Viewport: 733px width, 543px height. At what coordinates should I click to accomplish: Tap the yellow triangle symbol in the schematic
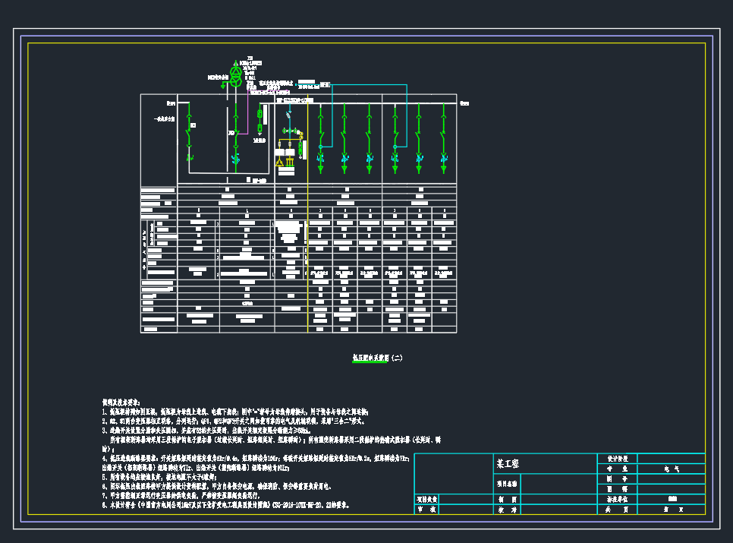[x=280, y=161]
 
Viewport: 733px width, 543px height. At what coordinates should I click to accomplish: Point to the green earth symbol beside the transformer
[x=213, y=77]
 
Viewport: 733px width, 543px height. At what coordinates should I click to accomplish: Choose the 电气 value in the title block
[x=671, y=469]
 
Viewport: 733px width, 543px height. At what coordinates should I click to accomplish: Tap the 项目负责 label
[x=429, y=500]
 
